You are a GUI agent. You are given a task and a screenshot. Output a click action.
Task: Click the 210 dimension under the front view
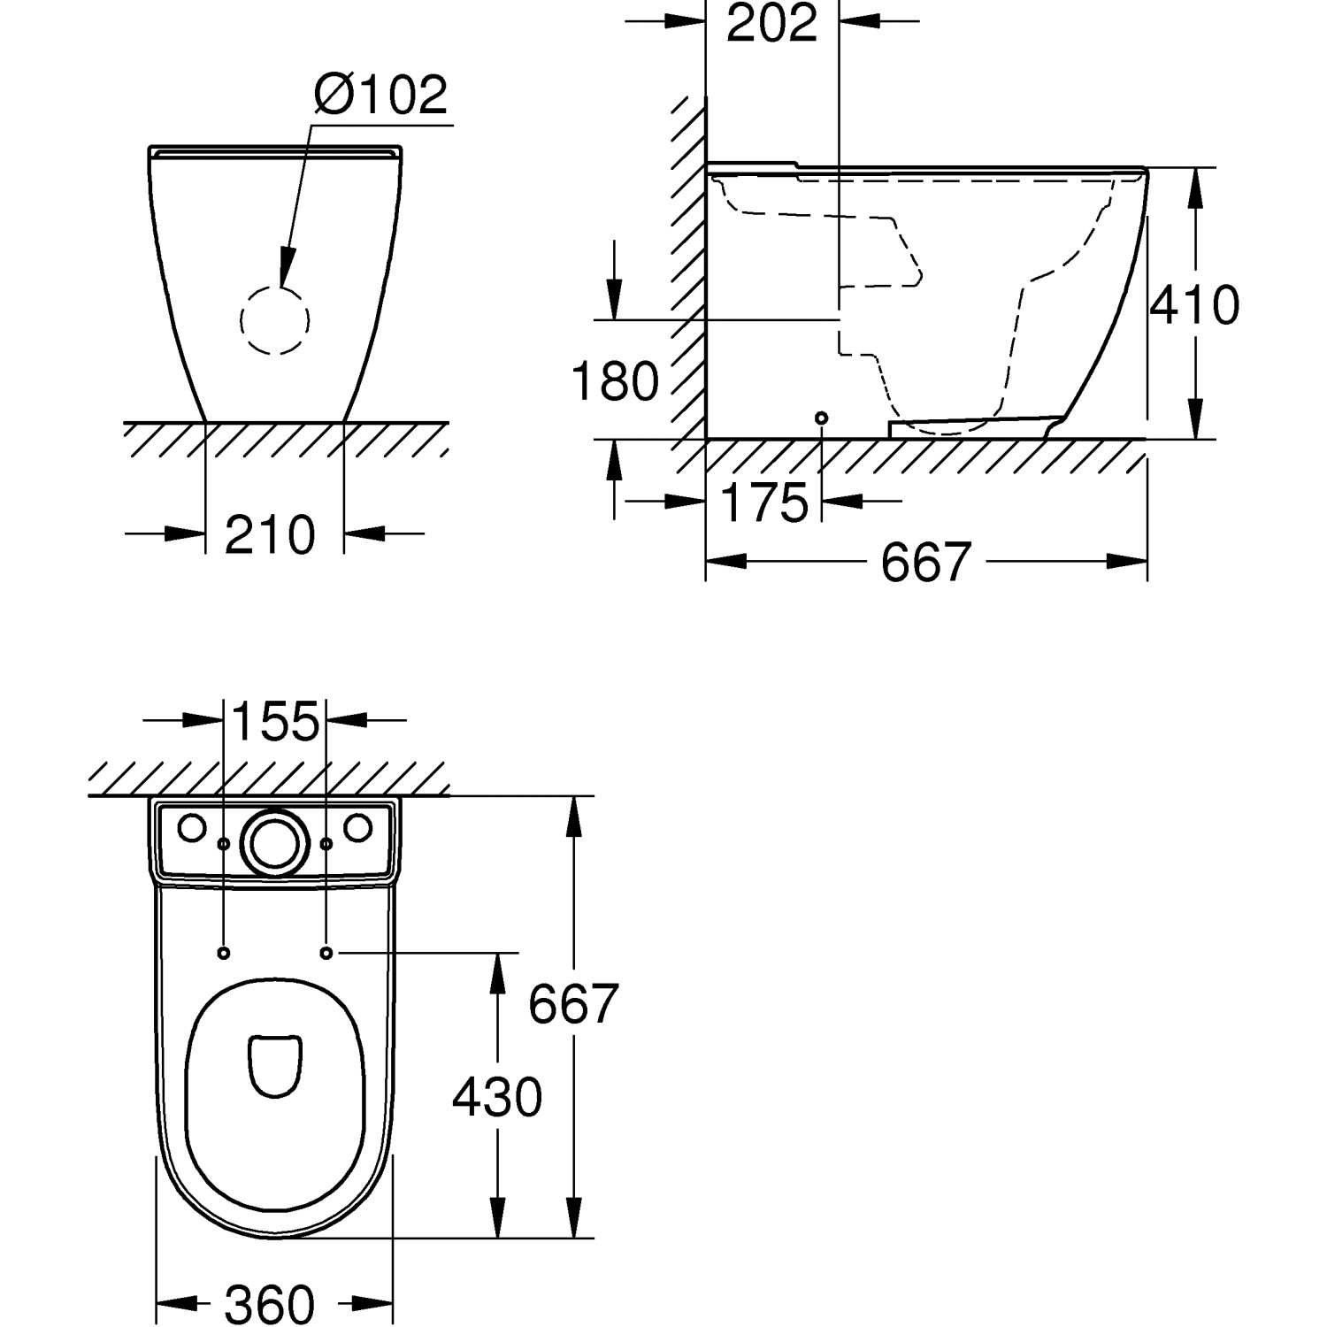coord(270,534)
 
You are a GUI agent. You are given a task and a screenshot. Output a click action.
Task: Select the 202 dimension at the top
coord(771,23)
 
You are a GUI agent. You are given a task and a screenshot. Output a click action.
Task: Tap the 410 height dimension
coord(1194,304)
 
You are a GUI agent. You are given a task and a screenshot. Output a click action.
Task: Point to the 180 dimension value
coord(615,380)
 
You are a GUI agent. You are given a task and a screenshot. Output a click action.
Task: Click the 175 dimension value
coord(765,502)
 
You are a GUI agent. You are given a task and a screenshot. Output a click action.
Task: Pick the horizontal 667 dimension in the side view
coord(926,562)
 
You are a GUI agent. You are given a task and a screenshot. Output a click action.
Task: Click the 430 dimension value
coord(497,1098)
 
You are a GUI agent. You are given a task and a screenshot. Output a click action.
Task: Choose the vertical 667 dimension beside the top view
coord(572,1003)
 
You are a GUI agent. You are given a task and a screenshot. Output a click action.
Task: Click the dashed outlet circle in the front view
coord(275,320)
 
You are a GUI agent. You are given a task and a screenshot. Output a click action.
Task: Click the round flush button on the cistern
coord(275,840)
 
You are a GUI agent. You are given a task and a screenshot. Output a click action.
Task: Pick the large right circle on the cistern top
coord(357,828)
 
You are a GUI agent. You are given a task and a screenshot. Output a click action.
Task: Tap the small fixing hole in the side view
coord(822,417)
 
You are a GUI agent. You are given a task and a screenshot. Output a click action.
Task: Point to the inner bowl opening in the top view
coord(275,1065)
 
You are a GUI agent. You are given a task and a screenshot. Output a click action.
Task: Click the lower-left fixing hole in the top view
coord(223,953)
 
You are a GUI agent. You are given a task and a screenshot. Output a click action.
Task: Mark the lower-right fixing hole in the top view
coord(326,953)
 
